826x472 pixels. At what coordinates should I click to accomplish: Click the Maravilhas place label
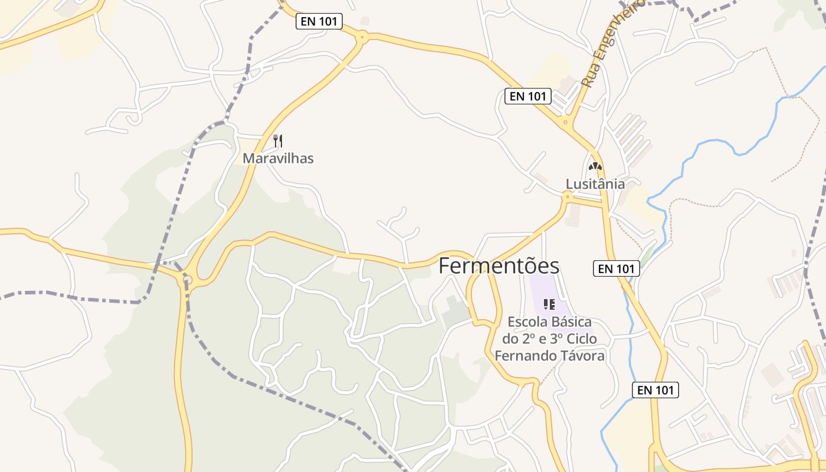pos(278,158)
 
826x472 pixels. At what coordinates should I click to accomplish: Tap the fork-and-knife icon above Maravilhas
pos(278,141)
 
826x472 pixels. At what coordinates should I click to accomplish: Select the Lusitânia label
pos(595,183)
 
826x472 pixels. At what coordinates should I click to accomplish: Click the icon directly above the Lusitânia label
pos(595,167)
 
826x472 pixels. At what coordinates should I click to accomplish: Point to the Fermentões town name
pos(499,266)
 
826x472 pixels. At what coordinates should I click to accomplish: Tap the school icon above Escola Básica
pos(549,304)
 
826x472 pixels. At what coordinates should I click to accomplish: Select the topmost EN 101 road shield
pos(319,21)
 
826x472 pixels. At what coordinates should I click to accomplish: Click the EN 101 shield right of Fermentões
pos(616,268)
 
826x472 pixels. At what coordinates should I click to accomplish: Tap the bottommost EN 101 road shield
pos(655,389)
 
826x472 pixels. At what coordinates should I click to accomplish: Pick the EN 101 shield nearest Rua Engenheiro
pos(527,96)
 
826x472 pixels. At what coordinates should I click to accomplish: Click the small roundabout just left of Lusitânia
pos(568,196)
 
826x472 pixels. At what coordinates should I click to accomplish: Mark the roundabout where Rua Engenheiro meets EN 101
pos(566,123)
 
